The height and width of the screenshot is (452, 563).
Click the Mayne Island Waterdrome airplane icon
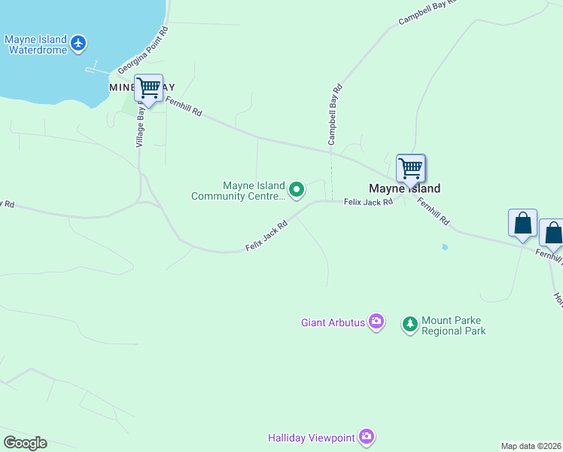click(x=79, y=44)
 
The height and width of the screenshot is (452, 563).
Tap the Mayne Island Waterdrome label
click(x=36, y=44)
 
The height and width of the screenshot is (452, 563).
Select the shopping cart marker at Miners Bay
click(x=148, y=89)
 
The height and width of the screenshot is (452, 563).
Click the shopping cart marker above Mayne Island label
click(x=410, y=168)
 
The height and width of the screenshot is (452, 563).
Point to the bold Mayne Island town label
click(x=404, y=188)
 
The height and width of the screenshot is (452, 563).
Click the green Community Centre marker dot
click(x=297, y=190)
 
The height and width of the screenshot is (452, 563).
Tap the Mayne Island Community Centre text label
click(x=239, y=191)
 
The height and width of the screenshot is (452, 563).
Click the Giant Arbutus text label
click(x=333, y=323)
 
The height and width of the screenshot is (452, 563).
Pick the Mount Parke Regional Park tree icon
click(x=410, y=325)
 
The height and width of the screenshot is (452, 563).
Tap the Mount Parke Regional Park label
click(x=454, y=325)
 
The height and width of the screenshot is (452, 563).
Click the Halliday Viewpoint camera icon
click(x=367, y=437)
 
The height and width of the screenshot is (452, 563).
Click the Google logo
click(x=25, y=443)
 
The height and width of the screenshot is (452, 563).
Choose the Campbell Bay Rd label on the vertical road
click(x=335, y=115)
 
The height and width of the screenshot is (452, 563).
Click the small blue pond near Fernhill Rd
click(x=445, y=247)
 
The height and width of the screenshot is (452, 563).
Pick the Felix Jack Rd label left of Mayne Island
click(x=368, y=202)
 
